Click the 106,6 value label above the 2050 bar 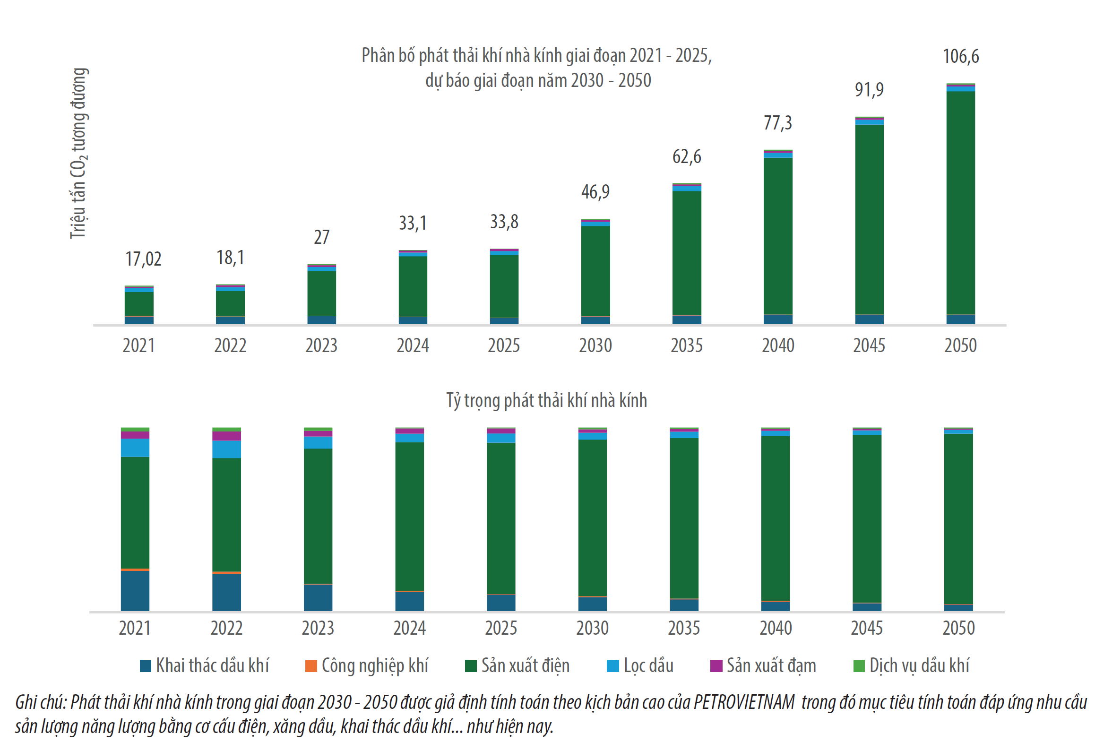click(961, 56)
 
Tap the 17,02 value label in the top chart click(143, 259)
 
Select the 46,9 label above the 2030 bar click(595, 192)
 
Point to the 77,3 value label click(778, 123)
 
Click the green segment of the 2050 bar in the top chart click(961, 203)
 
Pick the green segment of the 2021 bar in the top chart click(139, 304)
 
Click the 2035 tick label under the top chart click(687, 345)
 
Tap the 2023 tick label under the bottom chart click(318, 628)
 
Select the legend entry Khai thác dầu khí click(205, 665)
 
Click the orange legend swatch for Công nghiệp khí click(311, 666)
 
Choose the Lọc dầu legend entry click(640, 665)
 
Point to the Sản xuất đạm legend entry click(763, 665)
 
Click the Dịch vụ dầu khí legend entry click(911, 665)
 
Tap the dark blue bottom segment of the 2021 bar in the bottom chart click(135, 591)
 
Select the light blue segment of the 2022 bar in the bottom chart click(226, 449)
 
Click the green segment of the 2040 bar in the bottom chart click(776, 518)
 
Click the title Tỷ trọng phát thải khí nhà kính click(547, 400)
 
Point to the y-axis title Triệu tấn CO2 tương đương click(79, 153)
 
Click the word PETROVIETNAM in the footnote click(744, 702)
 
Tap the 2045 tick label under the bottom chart click(867, 628)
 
